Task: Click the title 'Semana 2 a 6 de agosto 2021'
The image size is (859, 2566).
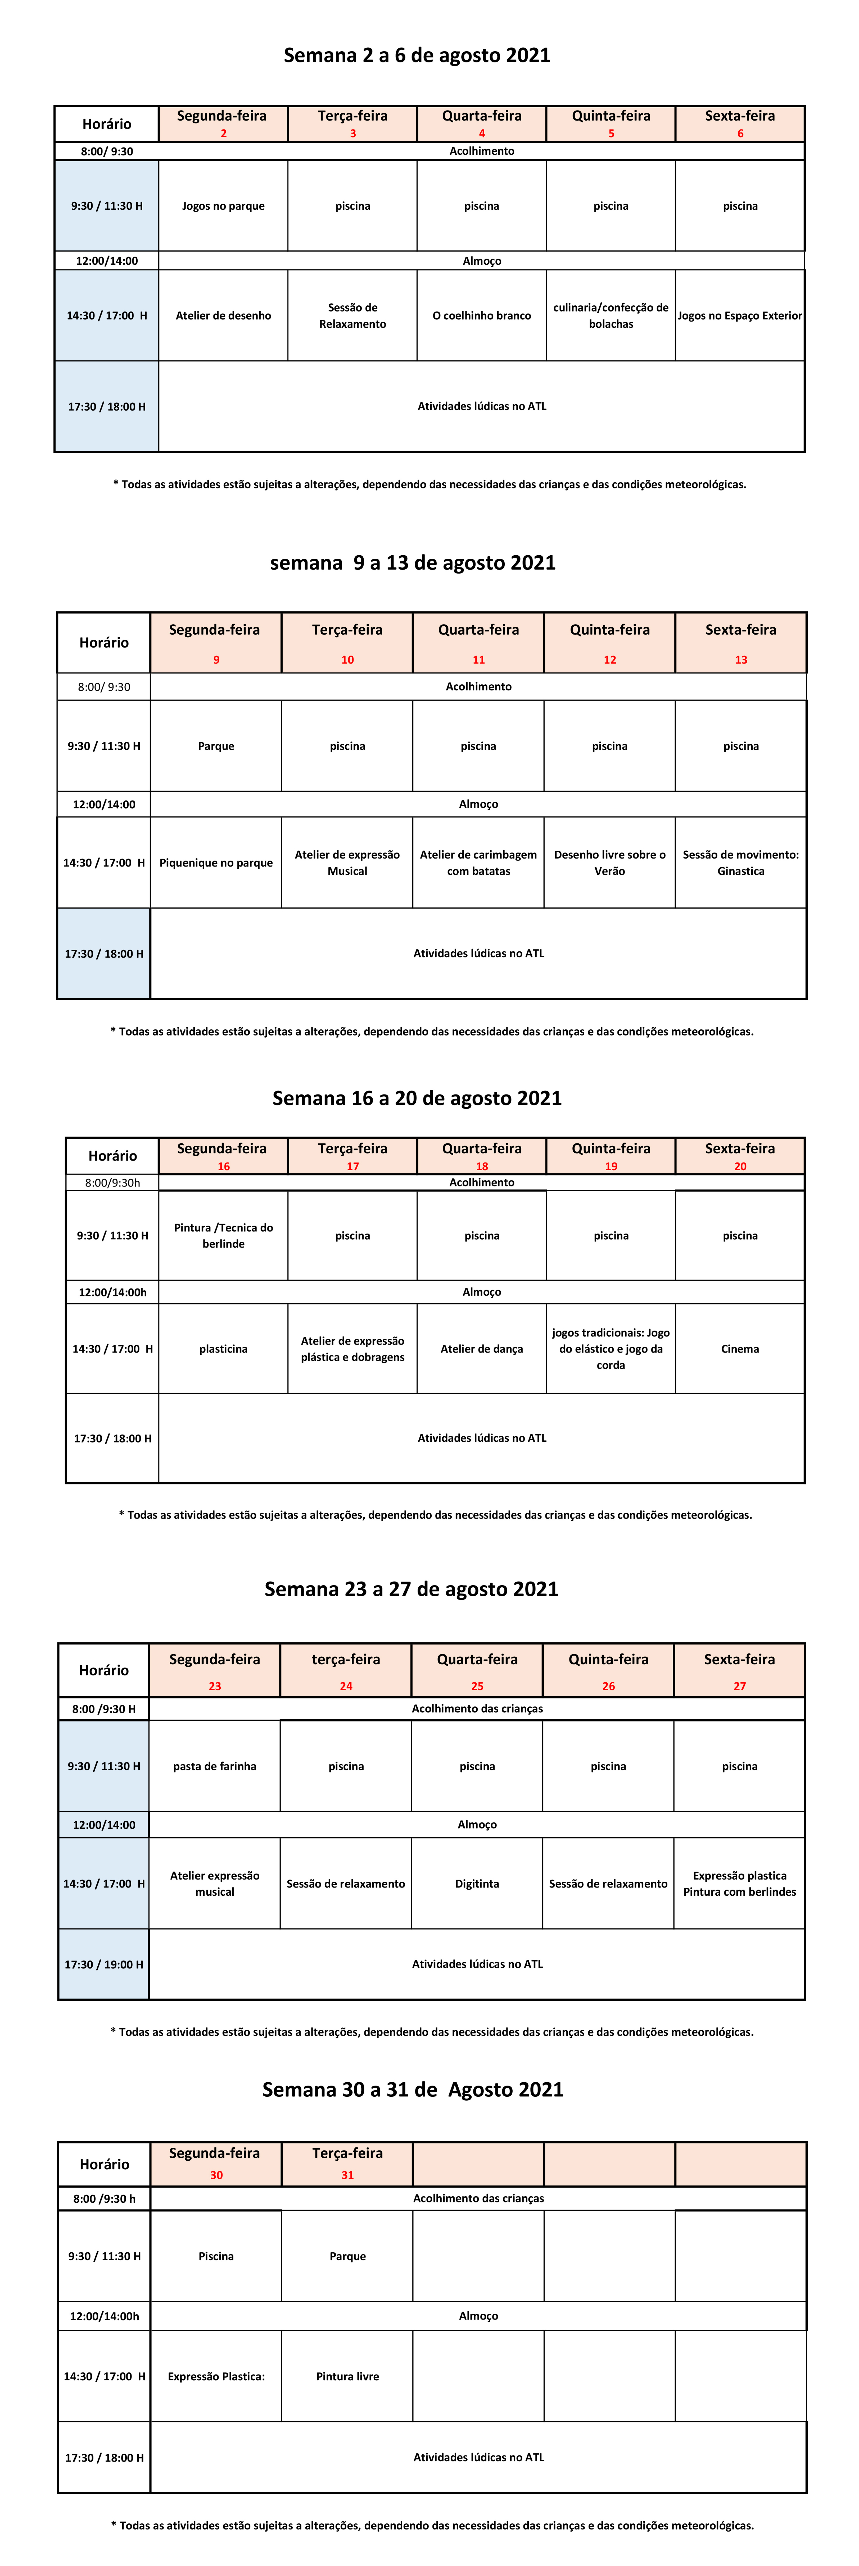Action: point(417,56)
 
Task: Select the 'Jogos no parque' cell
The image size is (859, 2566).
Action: point(223,206)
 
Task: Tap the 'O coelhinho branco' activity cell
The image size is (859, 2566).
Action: point(481,316)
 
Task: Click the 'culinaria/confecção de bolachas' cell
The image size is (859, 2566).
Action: point(611,316)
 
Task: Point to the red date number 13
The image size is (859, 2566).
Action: point(740,659)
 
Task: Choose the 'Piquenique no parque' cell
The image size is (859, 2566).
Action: point(216,863)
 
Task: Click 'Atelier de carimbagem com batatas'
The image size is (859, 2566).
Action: point(478,863)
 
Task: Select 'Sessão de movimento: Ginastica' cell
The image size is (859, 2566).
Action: point(740,863)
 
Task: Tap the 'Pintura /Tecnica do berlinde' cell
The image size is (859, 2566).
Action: point(223,1235)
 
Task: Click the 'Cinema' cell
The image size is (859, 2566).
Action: point(739,1349)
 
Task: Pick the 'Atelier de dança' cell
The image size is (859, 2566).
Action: point(481,1349)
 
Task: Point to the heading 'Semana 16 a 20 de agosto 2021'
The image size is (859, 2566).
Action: point(417,1098)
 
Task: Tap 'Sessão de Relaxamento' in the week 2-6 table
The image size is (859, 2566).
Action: point(353,316)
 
